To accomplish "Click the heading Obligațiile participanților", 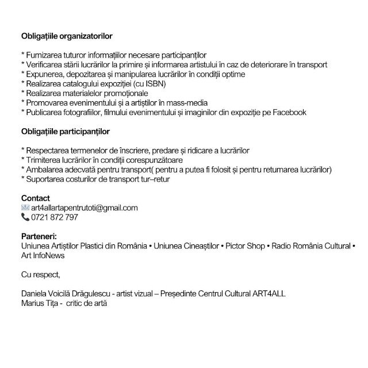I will pyautogui.click(x=65, y=132).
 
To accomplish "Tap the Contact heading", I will pyautogui.click(x=36, y=198).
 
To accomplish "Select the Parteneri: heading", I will pyautogui.click(x=39, y=236).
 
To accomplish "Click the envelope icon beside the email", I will pyautogui.click(x=25, y=208).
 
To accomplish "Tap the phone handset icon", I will pyautogui.click(x=25, y=217).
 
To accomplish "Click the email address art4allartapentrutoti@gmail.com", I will pyautogui.click(x=85, y=208).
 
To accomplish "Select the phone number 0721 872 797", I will pyautogui.click(x=55, y=217).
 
